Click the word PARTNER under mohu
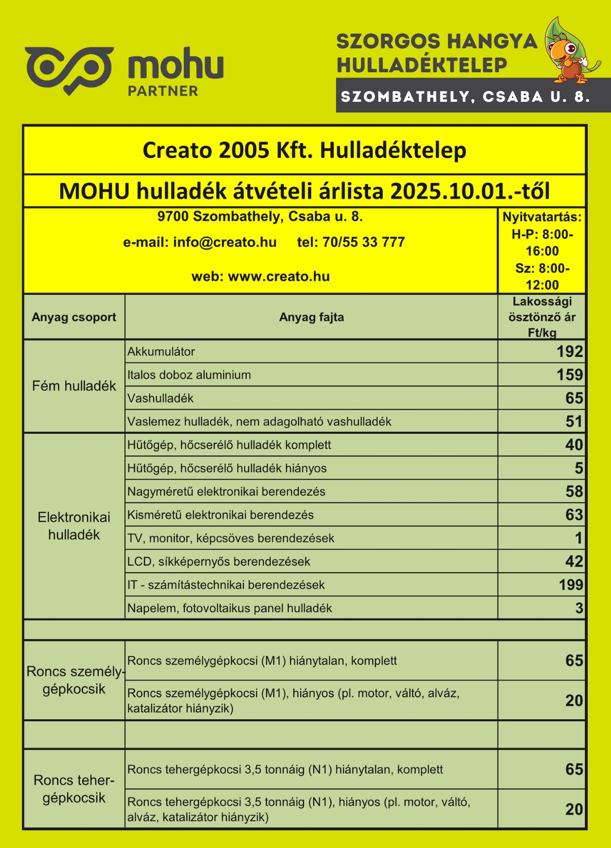(163, 91)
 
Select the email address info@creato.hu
(225, 242)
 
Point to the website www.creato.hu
(279, 277)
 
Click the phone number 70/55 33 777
(364, 242)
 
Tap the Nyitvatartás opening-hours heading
(542, 217)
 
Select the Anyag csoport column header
(74, 317)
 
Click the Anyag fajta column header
(311, 317)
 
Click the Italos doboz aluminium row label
(189, 375)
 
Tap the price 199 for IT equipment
(571, 585)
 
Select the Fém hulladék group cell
(74, 386)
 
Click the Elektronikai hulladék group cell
(74, 526)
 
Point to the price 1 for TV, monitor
(578, 538)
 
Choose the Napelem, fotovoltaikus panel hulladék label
(230, 608)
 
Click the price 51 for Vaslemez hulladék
(574, 421)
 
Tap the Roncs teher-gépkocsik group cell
(74, 789)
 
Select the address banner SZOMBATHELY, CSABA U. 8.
(465, 97)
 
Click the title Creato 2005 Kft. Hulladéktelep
(304, 151)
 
